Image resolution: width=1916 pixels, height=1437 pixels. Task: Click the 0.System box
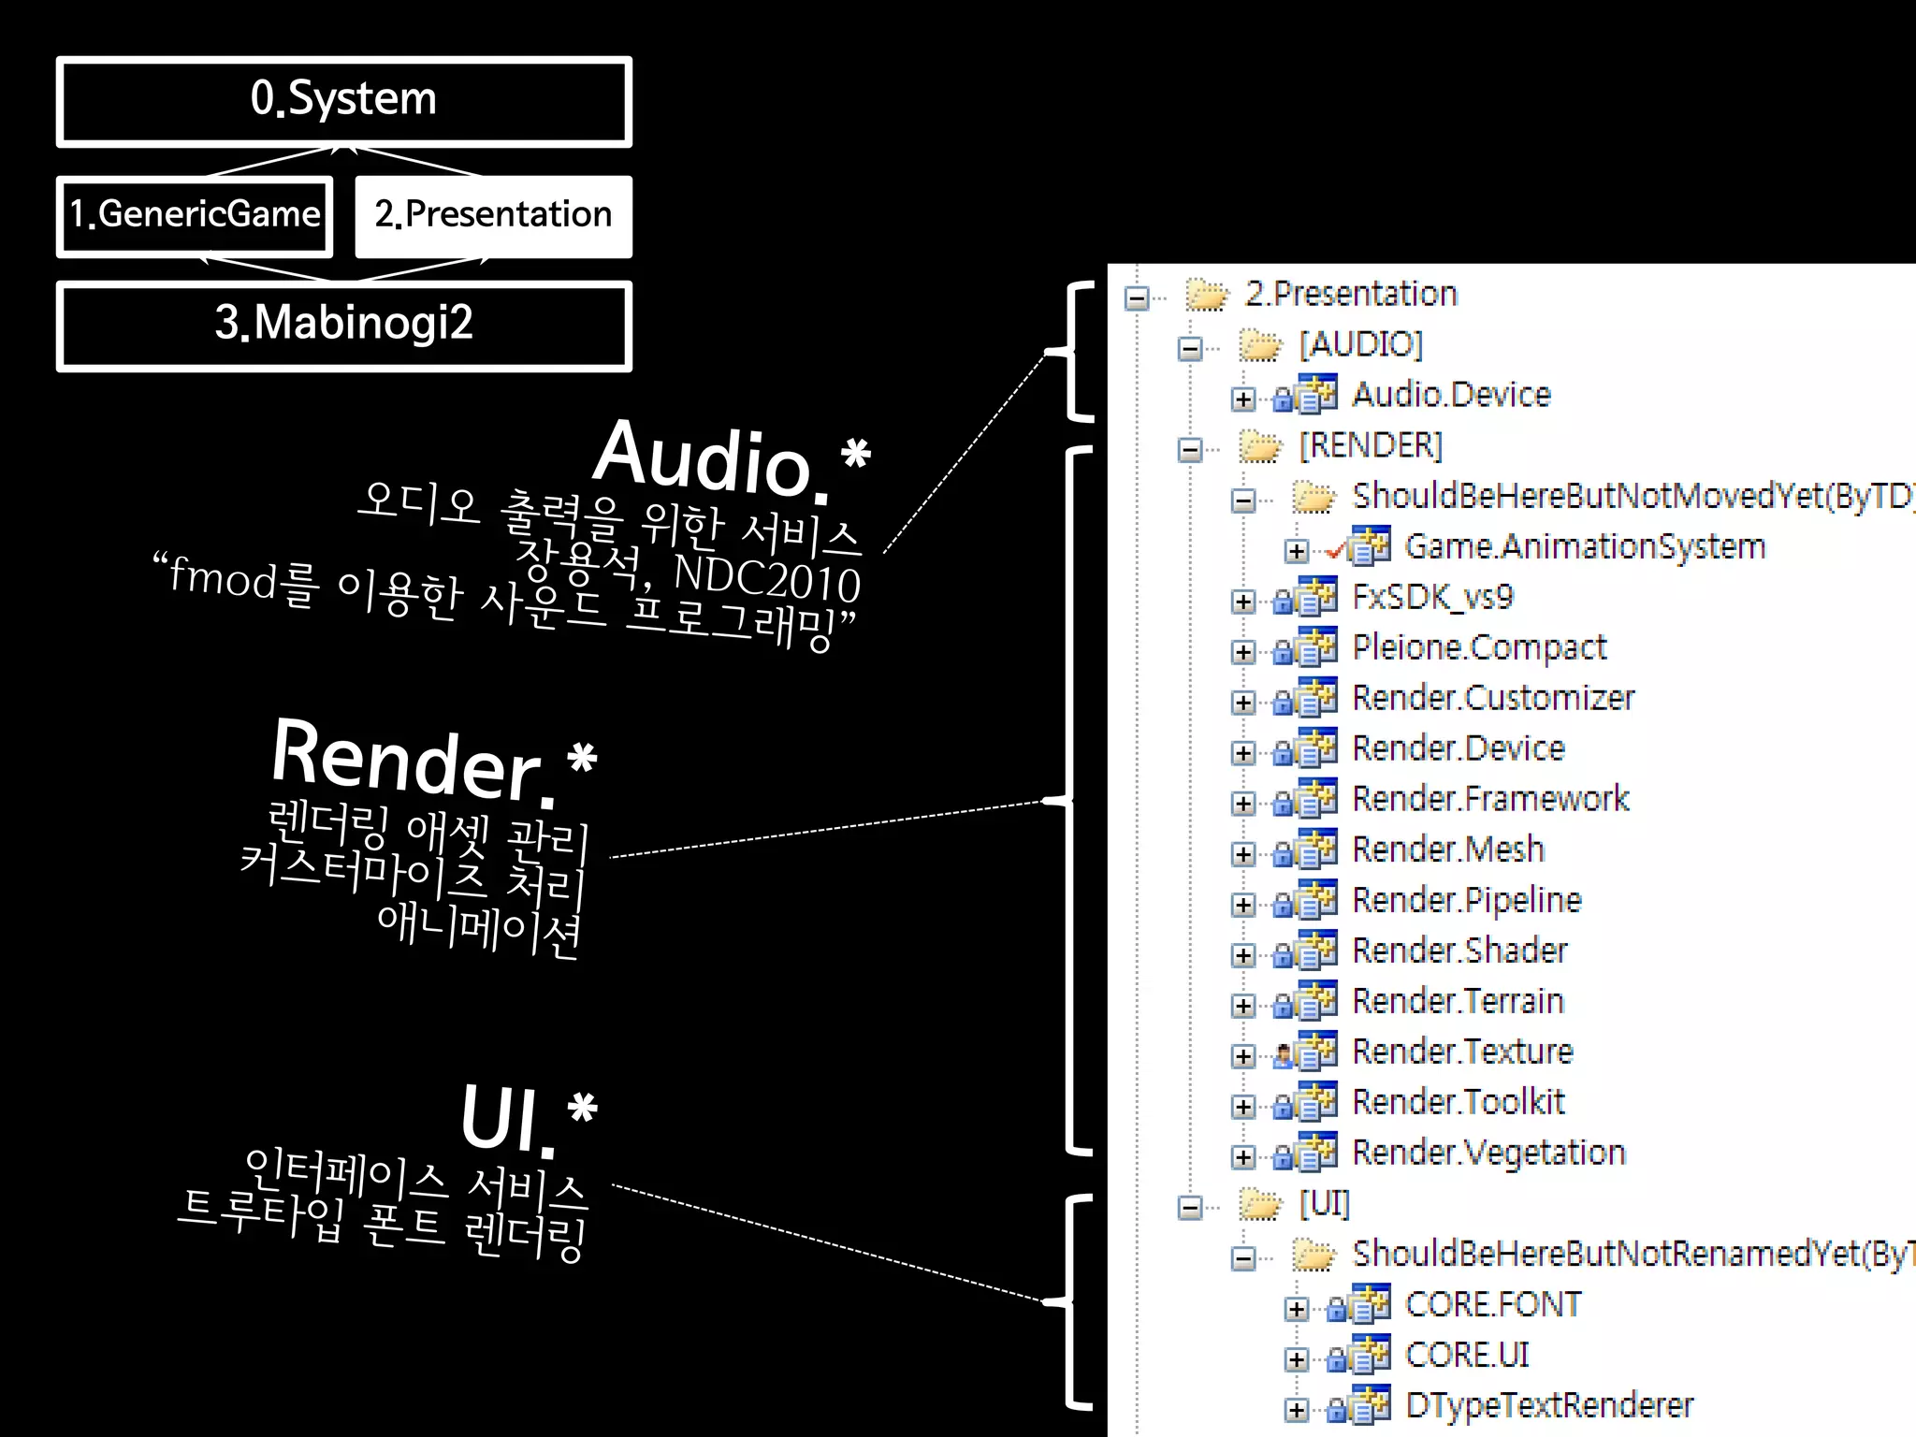(x=343, y=101)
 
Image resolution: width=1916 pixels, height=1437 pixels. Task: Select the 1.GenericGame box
(x=195, y=215)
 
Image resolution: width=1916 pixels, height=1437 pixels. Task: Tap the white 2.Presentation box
(x=493, y=215)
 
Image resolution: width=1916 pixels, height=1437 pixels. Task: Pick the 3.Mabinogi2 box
(x=343, y=324)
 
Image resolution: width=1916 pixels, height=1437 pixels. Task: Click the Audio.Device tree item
(x=1450, y=395)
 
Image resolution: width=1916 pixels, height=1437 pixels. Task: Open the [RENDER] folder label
(x=1371, y=445)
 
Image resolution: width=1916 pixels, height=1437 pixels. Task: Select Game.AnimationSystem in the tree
(x=1585, y=546)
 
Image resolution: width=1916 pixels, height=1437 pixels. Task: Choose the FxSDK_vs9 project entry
(x=1432, y=597)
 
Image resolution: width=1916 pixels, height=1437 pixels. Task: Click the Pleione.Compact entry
(x=1479, y=647)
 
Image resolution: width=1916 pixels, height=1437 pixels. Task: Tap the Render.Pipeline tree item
(x=1467, y=900)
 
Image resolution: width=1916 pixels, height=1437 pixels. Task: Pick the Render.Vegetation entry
(x=1488, y=1153)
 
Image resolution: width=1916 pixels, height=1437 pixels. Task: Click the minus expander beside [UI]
(x=1190, y=1208)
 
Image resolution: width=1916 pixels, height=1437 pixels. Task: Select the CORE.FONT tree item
(x=1493, y=1305)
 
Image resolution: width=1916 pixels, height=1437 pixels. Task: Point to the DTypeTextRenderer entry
(x=1549, y=1405)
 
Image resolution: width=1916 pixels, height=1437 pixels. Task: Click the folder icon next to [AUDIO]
(x=1259, y=346)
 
